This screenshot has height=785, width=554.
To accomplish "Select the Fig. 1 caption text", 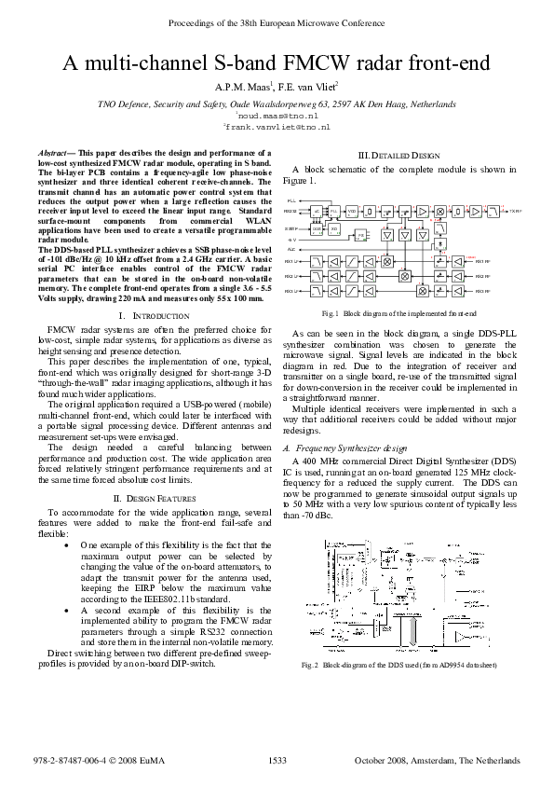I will point(399,313).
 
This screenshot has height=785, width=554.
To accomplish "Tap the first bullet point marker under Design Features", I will point(64,544).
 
